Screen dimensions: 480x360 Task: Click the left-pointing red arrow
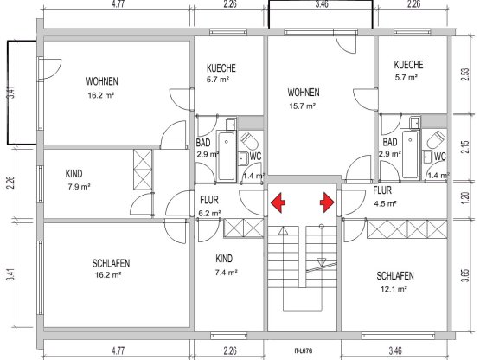click(x=278, y=202)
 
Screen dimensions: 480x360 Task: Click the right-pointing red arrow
click(x=327, y=202)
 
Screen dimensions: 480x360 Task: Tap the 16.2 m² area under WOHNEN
click(x=101, y=95)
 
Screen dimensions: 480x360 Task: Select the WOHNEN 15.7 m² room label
click(x=303, y=99)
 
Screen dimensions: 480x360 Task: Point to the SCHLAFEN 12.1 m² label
click(x=395, y=282)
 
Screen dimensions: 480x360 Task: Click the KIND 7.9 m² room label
click(x=78, y=180)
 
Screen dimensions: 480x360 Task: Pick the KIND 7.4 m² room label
click(x=226, y=265)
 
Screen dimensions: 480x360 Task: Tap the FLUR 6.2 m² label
click(x=210, y=206)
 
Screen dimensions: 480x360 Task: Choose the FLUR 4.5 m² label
click(x=385, y=197)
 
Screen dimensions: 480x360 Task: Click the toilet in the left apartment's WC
click(x=249, y=141)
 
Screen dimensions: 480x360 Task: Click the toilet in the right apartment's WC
click(x=437, y=139)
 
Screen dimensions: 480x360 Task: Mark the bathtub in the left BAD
click(x=227, y=156)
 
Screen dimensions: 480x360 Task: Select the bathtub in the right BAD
click(x=411, y=154)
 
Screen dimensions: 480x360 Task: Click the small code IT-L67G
click(x=304, y=351)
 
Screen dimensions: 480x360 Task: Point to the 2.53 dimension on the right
click(x=464, y=74)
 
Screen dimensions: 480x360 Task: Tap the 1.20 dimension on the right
click(x=464, y=198)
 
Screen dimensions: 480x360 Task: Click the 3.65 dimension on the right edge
click(x=464, y=276)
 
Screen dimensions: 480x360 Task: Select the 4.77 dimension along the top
click(x=118, y=4)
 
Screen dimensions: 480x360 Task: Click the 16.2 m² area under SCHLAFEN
click(x=108, y=275)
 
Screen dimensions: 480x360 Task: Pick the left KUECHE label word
click(x=221, y=68)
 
